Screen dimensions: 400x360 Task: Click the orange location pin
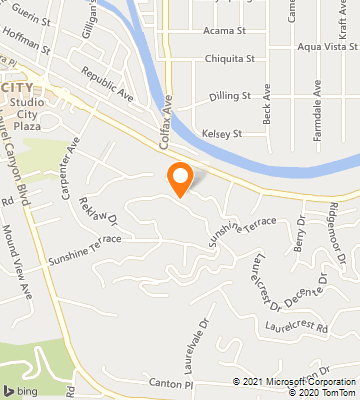(x=180, y=178)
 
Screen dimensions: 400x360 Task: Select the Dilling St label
(x=229, y=97)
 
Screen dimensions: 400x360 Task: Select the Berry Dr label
(x=301, y=239)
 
